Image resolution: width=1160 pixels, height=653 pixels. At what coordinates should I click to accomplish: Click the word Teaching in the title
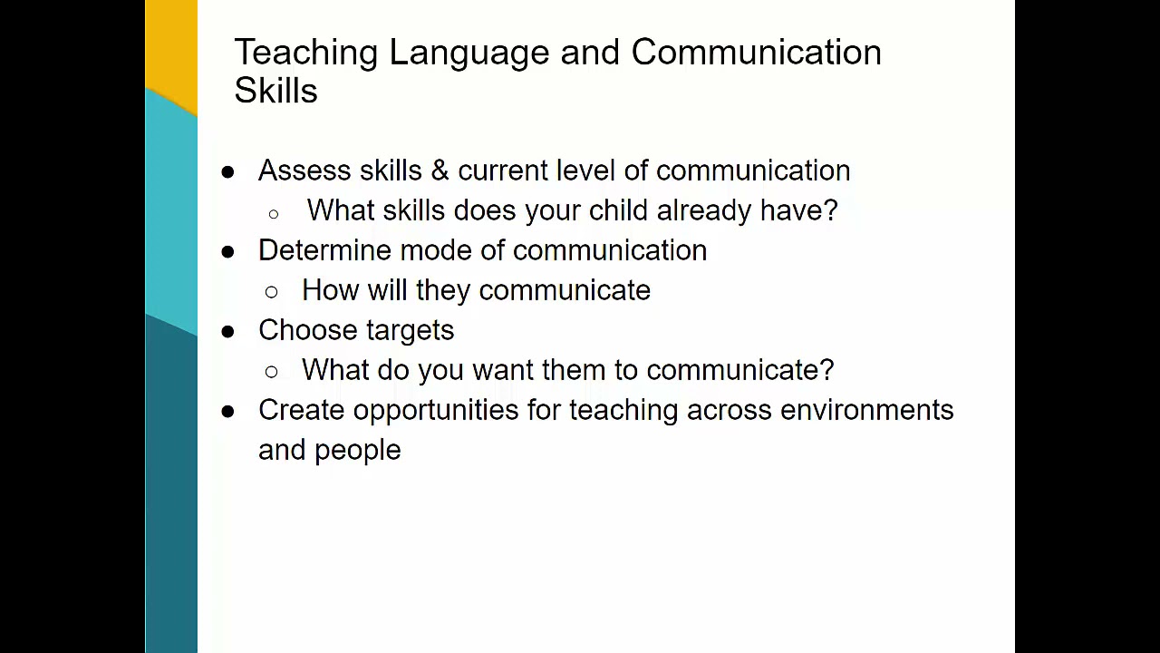306,53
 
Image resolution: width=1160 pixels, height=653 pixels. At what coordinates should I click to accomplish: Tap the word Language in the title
469,53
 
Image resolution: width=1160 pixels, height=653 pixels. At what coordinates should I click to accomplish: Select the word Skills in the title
276,91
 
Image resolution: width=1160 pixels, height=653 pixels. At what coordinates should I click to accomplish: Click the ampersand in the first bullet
440,171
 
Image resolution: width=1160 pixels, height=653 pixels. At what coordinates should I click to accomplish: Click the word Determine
324,250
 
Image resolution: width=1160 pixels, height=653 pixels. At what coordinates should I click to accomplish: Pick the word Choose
308,330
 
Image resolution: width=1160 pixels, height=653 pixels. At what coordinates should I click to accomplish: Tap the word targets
411,331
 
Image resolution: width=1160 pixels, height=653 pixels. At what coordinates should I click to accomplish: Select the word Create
302,410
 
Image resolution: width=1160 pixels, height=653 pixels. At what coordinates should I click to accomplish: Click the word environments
867,410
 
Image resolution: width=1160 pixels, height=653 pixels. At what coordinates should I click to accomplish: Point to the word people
358,451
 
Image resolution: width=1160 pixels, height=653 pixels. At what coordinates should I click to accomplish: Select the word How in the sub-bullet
331,290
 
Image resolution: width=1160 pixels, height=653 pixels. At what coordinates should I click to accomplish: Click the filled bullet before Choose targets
227,332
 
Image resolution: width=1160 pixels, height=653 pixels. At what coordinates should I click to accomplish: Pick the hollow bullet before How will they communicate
271,292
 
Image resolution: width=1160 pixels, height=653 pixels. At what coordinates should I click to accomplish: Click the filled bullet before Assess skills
227,172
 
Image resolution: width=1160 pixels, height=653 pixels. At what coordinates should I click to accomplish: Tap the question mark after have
829,210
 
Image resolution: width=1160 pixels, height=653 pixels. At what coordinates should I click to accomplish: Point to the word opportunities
436,411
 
